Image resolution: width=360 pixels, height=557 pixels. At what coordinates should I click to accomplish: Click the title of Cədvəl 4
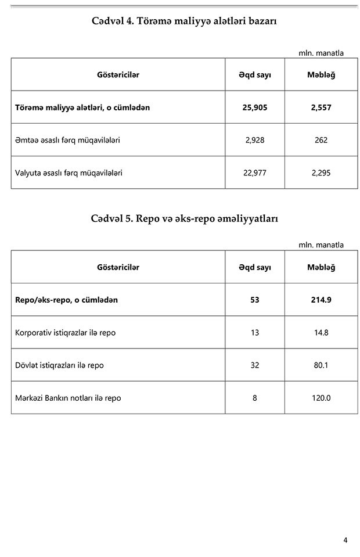(184, 21)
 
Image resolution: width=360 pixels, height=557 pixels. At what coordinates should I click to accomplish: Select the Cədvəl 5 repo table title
(184, 218)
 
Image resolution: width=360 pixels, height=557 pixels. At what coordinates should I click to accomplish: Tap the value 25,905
(255, 107)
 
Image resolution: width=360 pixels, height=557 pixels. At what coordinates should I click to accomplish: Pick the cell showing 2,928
(255, 140)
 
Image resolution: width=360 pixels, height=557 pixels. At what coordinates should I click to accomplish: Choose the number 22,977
(255, 173)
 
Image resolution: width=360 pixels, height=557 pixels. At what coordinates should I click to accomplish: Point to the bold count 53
(255, 300)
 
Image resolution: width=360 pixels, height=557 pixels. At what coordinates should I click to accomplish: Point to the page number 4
(345, 540)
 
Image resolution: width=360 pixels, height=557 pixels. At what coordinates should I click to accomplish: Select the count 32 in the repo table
(255, 365)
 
